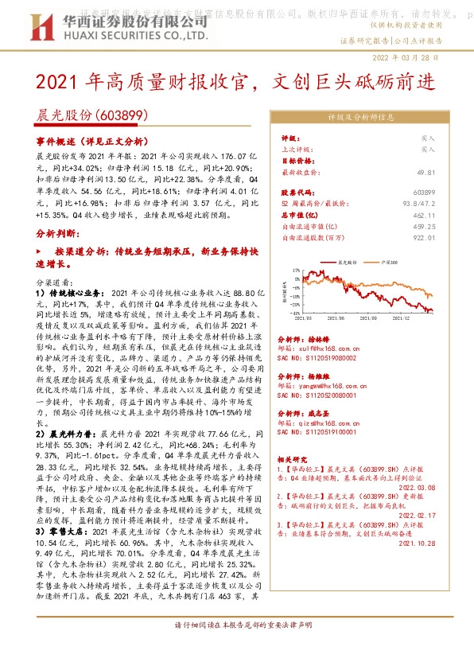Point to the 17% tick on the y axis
296,271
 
